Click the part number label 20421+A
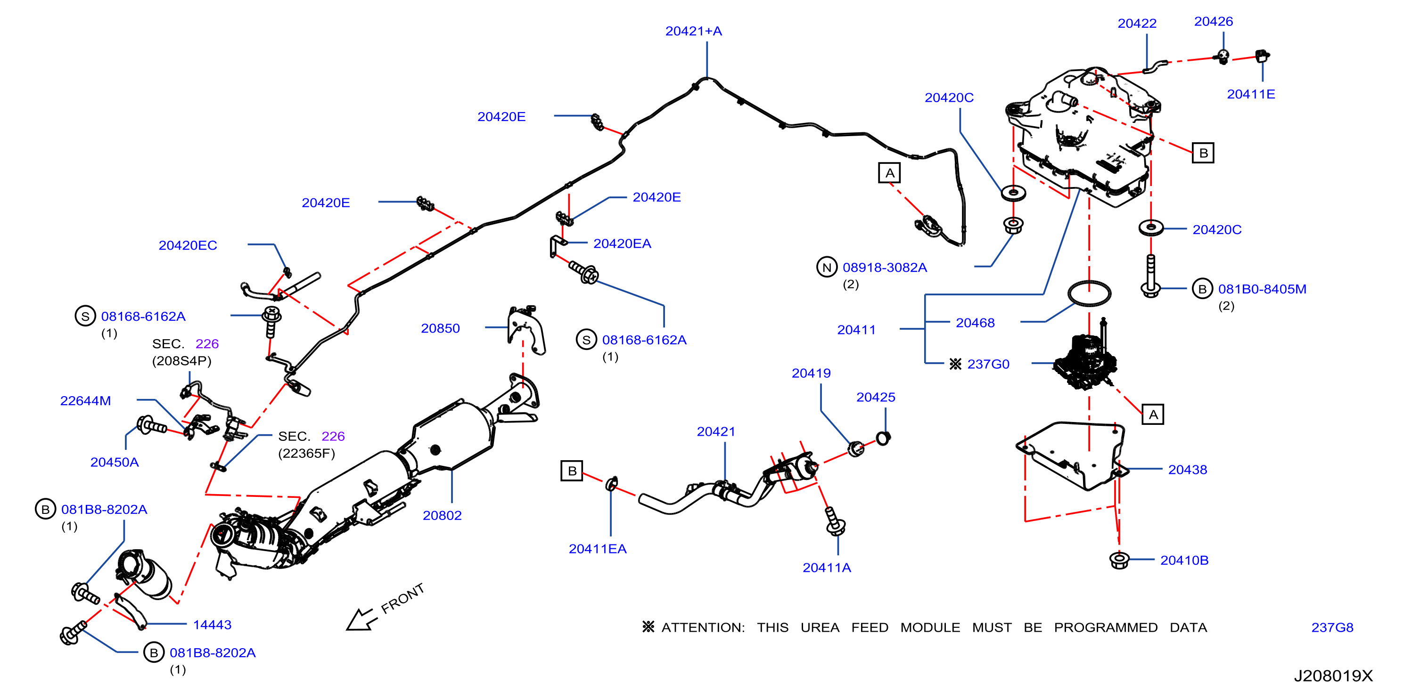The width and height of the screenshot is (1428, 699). point(693,31)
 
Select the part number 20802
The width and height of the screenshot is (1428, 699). point(442,515)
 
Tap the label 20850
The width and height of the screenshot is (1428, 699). point(440,328)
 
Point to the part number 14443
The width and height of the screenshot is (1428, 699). point(212,625)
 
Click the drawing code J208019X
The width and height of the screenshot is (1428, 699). point(1333,676)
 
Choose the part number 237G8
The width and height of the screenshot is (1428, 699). point(1332,627)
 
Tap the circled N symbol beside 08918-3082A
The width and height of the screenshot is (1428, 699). point(827,267)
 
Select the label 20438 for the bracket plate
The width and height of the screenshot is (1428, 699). point(1188,470)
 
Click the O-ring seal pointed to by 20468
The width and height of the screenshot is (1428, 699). point(1089,293)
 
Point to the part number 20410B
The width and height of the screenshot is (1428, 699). point(1184,560)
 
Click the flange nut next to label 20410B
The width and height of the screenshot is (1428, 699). point(1119,560)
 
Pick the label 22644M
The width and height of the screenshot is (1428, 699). point(85,400)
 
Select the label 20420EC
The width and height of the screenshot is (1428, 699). point(188,245)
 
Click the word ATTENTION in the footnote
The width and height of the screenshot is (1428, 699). point(703,627)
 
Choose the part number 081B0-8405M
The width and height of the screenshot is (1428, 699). point(1262,289)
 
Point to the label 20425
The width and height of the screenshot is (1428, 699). point(875,397)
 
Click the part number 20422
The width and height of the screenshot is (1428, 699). point(1137,23)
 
